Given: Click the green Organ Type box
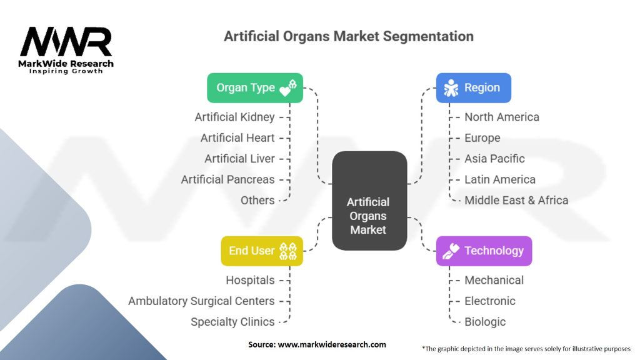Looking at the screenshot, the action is [x=255, y=87].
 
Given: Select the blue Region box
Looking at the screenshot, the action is [x=474, y=87].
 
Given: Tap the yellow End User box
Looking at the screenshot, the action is [x=262, y=251].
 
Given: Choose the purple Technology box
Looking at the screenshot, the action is [x=484, y=251].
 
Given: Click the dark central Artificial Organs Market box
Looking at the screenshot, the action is [x=369, y=201].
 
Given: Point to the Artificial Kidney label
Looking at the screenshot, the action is [x=235, y=117].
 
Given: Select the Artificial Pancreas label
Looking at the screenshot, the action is [x=227, y=179].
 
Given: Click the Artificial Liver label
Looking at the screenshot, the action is [x=239, y=159].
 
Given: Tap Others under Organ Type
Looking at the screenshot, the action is [x=257, y=201].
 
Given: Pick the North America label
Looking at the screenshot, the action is [x=502, y=117].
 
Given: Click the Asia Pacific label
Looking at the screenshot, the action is [x=494, y=159].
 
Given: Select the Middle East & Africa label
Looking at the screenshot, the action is [x=516, y=201].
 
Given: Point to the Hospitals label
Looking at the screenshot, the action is [x=250, y=281].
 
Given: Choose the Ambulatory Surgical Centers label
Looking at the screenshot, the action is [x=202, y=301].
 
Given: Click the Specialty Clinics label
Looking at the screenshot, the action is [x=232, y=322].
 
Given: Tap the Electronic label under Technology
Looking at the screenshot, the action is [x=490, y=301].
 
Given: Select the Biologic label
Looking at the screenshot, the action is [x=485, y=322].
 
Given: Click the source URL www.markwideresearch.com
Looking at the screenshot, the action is [x=332, y=344].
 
